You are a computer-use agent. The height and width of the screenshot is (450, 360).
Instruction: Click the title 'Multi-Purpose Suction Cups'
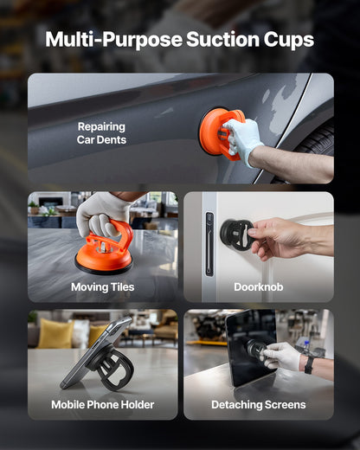pos(179,40)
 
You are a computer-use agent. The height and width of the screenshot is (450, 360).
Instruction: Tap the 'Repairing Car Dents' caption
pos(101,132)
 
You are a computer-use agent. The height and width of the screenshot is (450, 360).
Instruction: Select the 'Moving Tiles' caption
pos(102,286)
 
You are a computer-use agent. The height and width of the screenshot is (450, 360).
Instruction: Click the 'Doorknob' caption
pos(258,286)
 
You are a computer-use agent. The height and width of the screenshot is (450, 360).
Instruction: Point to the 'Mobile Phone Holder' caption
pos(102,404)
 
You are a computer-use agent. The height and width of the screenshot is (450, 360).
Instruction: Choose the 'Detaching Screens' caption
pos(258,404)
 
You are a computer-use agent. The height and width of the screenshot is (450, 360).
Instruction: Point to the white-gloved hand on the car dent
pos(242,138)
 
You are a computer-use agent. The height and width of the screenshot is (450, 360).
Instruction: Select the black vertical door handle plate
pos(209,244)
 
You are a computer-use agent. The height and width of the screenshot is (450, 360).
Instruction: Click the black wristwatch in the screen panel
pos(309,363)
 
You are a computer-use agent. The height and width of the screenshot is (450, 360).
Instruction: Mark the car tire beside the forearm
pos(323,138)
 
